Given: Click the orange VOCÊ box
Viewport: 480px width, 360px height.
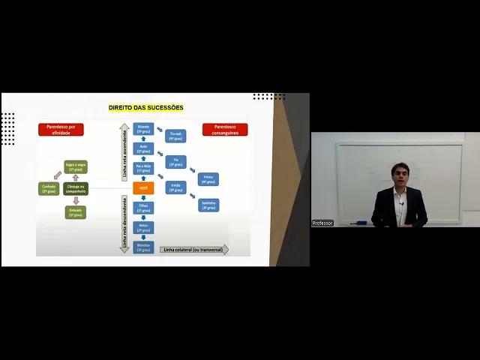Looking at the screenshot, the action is tap(143, 187).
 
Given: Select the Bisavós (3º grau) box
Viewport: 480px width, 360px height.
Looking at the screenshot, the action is tap(143, 129).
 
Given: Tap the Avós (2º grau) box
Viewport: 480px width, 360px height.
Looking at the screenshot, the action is tap(143, 148).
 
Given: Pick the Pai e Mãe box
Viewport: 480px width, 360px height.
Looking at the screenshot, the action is tap(143, 168).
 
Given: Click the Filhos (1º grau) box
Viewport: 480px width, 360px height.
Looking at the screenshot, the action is tap(143, 207).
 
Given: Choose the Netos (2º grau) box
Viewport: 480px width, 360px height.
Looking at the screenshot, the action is tap(143, 226).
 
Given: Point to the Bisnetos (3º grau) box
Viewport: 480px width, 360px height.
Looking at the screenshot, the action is tap(143, 247).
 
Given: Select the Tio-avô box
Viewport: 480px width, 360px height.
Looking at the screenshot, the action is tap(175, 136).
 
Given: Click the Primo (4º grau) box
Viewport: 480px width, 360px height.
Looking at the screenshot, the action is tap(208, 179).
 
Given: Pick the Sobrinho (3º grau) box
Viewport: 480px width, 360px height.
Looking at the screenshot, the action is tap(208, 205).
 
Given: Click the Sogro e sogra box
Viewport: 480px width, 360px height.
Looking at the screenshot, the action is tap(76, 166).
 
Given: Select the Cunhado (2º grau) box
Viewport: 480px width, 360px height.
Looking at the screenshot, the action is tap(49, 188).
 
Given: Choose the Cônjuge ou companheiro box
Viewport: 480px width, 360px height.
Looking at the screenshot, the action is tap(76, 188).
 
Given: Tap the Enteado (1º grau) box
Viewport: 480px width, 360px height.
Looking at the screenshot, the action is tap(76, 212).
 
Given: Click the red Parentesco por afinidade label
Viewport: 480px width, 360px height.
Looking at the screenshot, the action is tap(61, 130).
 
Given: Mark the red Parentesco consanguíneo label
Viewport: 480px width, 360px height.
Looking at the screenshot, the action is tap(225, 130).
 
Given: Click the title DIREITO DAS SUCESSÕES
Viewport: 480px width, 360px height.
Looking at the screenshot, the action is tap(145, 108).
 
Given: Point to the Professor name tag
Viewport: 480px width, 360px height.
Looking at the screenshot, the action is tap(322, 223).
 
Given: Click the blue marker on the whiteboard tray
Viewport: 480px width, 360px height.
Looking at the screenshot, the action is tap(361, 223).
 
